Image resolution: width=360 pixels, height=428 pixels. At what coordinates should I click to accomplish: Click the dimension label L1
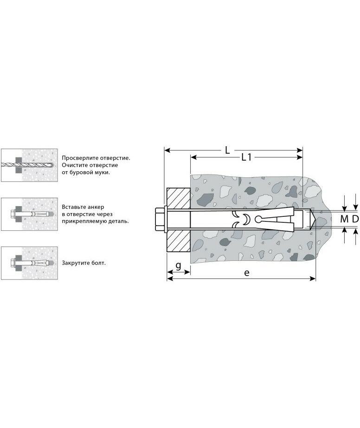(x=246, y=157)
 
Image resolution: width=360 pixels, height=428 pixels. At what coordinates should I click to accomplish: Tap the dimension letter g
(x=178, y=266)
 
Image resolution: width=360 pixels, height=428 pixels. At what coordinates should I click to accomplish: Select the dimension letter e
(x=246, y=272)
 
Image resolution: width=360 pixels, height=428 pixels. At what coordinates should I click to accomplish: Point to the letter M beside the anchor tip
(x=344, y=219)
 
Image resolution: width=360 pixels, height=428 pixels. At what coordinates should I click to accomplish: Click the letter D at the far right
(x=355, y=219)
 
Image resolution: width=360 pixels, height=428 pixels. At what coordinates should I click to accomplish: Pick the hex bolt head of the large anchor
(x=159, y=220)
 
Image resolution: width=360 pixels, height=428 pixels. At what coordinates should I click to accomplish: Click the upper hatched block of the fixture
(x=178, y=198)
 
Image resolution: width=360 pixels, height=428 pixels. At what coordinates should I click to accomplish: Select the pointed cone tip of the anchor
(x=313, y=220)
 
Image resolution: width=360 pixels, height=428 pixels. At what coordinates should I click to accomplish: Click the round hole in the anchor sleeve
(x=258, y=219)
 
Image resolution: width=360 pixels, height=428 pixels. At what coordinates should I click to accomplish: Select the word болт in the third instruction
(x=98, y=263)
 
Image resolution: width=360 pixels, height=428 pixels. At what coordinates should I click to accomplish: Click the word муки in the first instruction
(x=103, y=173)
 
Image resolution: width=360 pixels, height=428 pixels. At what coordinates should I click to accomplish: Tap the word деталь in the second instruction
(x=119, y=221)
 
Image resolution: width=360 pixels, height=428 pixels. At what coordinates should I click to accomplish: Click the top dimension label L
(x=227, y=150)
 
